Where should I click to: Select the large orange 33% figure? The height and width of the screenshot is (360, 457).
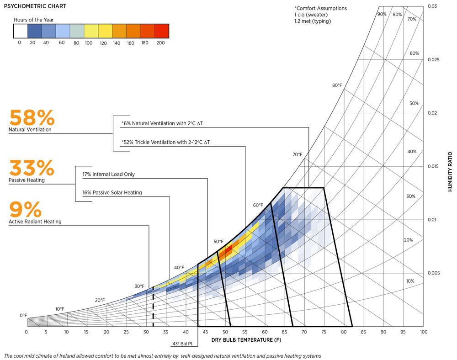[x=32, y=168]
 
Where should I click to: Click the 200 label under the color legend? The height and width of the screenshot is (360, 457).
[x=160, y=42]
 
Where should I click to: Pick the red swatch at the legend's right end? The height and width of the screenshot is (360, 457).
[x=162, y=31]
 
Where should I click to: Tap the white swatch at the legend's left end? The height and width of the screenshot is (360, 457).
[x=20, y=31]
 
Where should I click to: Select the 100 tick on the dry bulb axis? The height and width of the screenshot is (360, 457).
[x=423, y=332]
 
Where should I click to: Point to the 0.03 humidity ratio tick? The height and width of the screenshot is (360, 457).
[x=432, y=6]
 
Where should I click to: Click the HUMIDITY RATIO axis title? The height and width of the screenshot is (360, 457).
[x=450, y=171]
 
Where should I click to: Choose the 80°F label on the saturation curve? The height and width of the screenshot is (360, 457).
[x=337, y=85]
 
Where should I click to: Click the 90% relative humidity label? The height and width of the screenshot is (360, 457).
[x=382, y=14]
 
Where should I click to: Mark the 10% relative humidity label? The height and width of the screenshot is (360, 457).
[x=409, y=281]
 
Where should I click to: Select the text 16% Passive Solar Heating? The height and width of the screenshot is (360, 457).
[x=112, y=192]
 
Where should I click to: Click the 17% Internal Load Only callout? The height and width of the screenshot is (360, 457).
[x=108, y=174]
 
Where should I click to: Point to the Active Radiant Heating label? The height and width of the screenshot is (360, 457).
[x=35, y=222]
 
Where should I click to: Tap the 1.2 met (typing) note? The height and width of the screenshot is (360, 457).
[x=313, y=21]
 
